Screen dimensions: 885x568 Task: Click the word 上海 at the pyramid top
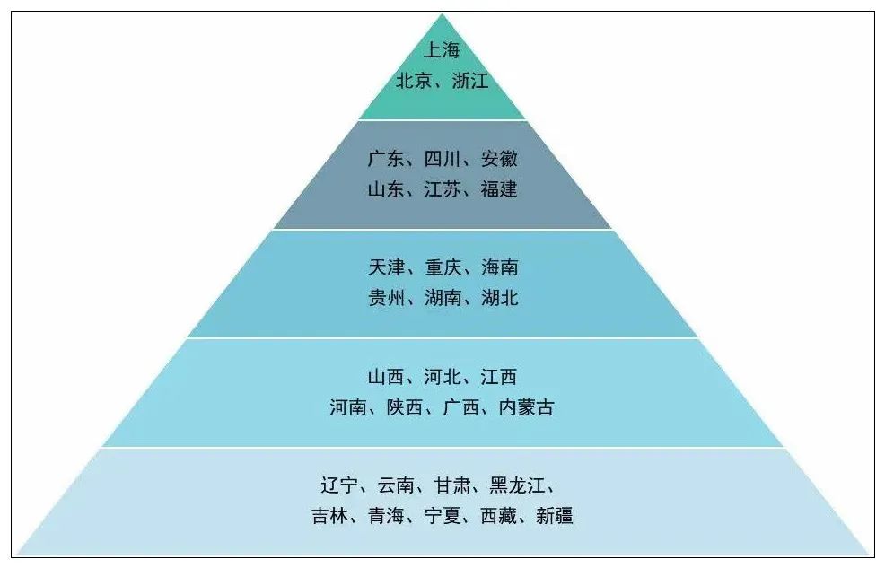pyautogui.click(x=442, y=51)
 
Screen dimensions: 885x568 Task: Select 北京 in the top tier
pyautogui.click(x=414, y=81)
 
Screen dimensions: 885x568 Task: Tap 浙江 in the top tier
pyautogui.click(x=470, y=81)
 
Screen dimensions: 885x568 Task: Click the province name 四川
pyautogui.click(x=442, y=160)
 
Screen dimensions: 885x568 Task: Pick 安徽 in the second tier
pyautogui.click(x=499, y=160)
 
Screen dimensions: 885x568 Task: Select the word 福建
pyautogui.click(x=499, y=189)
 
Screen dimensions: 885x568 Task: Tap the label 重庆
pyautogui.click(x=442, y=267)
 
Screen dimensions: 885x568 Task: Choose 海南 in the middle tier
pyautogui.click(x=499, y=267)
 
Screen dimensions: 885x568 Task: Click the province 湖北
pyautogui.click(x=499, y=298)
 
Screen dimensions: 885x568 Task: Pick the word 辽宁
pyautogui.click(x=339, y=485)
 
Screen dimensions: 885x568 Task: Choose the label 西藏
pyautogui.click(x=498, y=516)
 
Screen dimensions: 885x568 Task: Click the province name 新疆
pyautogui.click(x=555, y=516)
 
